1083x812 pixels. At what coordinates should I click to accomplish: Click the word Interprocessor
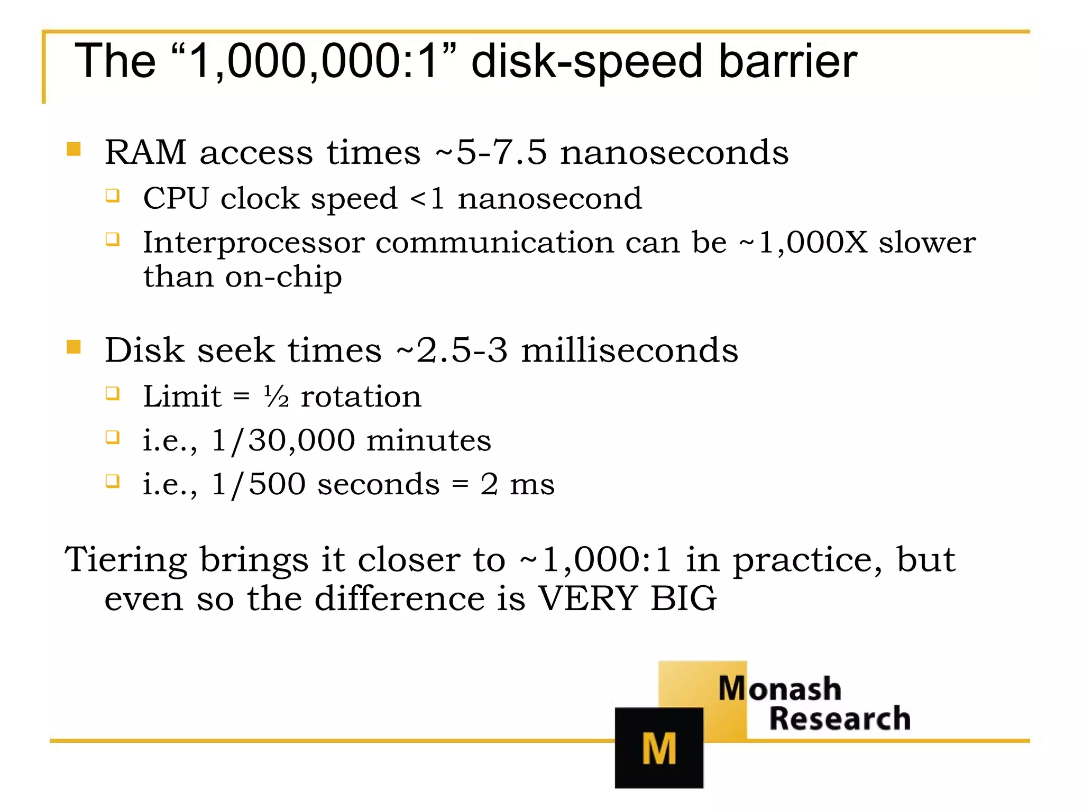[254, 243]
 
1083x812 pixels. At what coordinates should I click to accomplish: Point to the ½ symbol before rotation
[276, 396]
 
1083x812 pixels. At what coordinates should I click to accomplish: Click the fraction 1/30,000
[283, 440]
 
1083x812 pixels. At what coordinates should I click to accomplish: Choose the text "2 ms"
[517, 484]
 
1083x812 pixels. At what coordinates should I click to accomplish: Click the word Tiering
[126, 559]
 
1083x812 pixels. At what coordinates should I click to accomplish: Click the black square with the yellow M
[659, 748]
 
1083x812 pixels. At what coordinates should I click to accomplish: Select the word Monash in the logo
[779, 688]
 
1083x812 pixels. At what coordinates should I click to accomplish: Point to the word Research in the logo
[840, 718]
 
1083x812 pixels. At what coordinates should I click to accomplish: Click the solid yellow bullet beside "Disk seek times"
[74, 347]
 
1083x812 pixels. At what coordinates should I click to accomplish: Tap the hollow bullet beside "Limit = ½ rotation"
[112, 393]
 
